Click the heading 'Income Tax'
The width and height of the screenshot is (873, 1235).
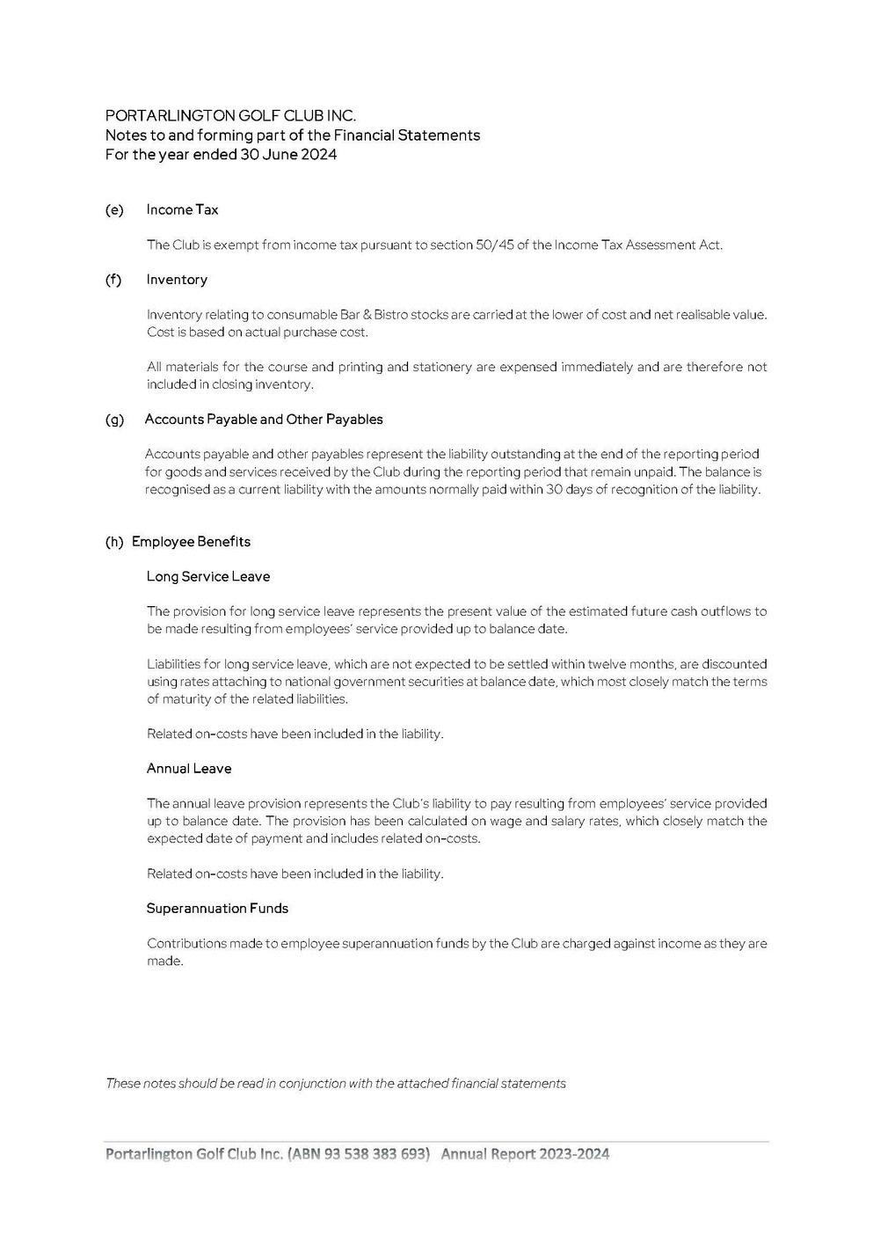tap(182, 209)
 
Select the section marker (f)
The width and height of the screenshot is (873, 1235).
tap(113, 280)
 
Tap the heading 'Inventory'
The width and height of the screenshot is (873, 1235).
tap(177, 280)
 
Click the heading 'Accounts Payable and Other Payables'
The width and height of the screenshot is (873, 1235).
tap(264, 420)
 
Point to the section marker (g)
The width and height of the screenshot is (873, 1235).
tap(114, 420)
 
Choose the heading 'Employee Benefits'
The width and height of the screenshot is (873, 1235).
tap(191, 542)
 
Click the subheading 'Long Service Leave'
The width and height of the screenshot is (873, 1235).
tap(208, 577)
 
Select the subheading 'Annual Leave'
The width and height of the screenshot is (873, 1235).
tap(189, 769)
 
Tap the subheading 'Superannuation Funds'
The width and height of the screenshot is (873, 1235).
tap(217, 909)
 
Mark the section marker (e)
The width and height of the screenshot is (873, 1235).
tap(113, 209)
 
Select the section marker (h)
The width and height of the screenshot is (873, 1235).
tap(114, 542)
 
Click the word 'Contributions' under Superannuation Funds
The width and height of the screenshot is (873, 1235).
tap(186, 944)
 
